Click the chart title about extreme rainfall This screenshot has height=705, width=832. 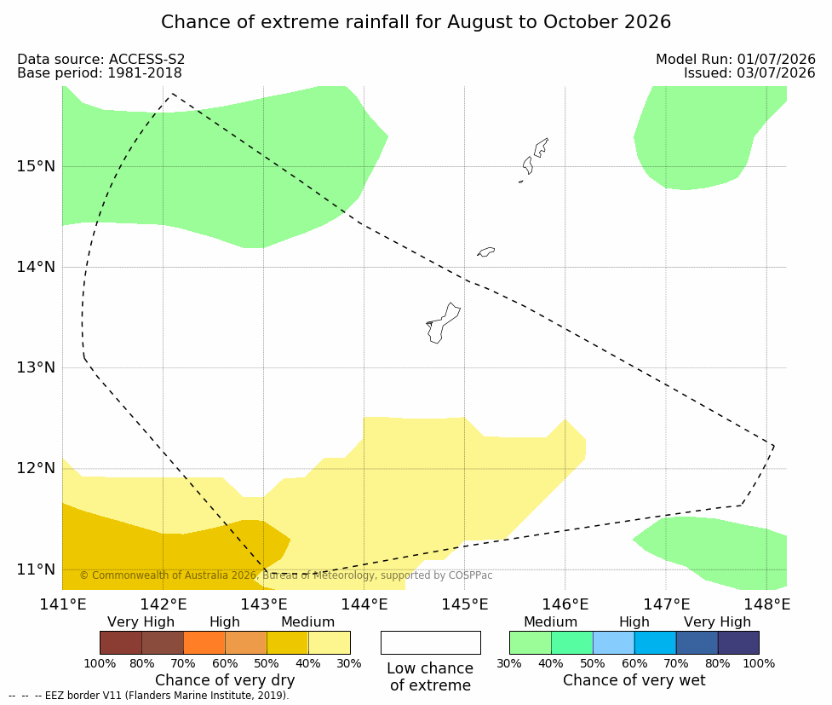[x=416, y=22]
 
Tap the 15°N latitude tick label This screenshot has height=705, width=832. [x=36, y=166]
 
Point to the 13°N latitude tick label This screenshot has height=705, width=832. [x=36, y=367]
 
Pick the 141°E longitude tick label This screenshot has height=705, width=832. [x=63, y=604]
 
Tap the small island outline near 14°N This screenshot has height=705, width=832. [x=485, y=251]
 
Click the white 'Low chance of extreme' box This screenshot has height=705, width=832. [x=430, y=643]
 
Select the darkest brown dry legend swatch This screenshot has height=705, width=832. [x=121, y=643]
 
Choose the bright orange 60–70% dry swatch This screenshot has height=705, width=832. [x=204, y=643]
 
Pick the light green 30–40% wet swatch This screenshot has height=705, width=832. [x=530, y=643]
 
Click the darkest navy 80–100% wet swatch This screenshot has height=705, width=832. [x=738, y=643]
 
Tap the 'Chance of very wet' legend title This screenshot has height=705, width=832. [x=634, y=680]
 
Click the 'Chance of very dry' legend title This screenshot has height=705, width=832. [x=225, y=680]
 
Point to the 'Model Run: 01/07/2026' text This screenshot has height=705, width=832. [x=736, y=60]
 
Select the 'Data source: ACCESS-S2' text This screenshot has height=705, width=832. [x=100, y=60]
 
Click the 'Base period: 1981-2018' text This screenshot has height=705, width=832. [x=100, y=72]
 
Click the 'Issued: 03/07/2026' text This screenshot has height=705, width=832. [x=749, y=72]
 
